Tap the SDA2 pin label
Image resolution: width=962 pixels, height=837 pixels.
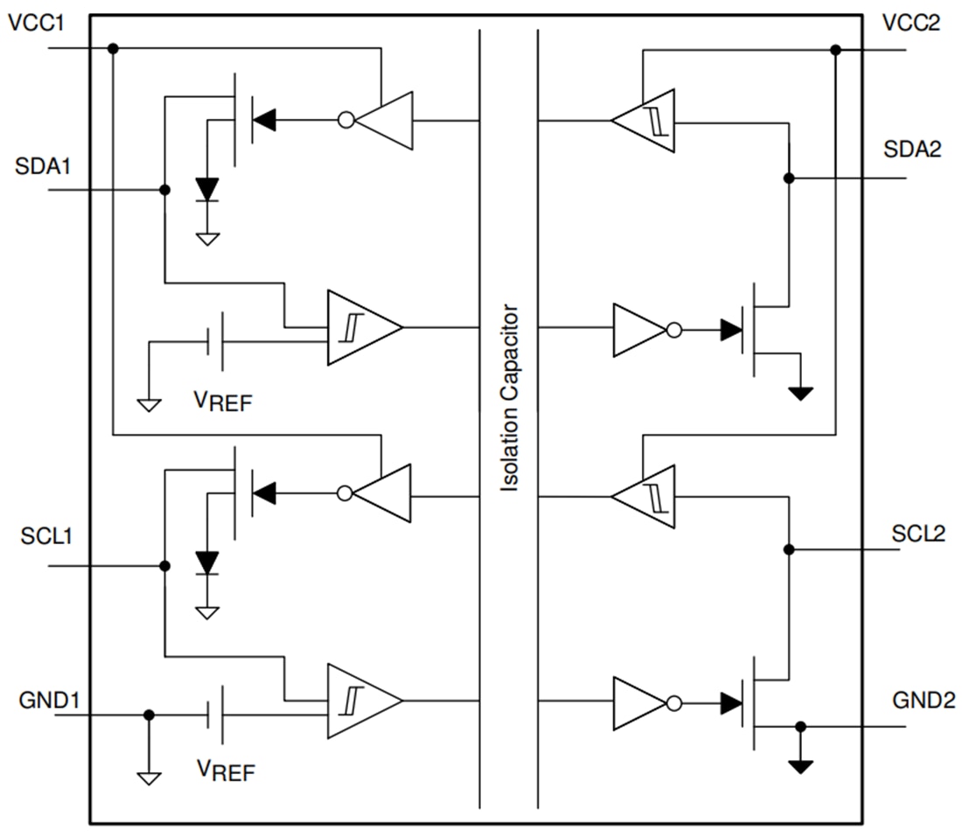coord(913,150)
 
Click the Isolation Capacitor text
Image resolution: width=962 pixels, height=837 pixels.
coord(510,398)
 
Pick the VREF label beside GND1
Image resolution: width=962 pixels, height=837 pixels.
coord(226,771)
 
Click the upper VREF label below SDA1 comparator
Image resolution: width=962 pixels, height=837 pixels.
coord(223,401)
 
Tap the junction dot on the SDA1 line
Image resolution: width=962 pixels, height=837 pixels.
coord(164,190)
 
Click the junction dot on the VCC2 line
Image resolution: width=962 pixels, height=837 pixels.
coord(835,50)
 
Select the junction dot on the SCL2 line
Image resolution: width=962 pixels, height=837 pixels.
coord(789,549)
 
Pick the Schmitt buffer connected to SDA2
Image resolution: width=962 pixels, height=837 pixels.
coord(645,120)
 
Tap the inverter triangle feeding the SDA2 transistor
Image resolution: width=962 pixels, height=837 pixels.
coord(642,330)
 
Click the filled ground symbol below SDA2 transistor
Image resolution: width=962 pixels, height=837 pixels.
coord(800,394)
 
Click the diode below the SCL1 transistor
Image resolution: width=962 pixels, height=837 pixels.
coord(207,561)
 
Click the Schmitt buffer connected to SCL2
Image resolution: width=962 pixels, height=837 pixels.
coord(645,497)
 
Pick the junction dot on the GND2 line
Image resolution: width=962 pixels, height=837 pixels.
coord(799,726)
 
